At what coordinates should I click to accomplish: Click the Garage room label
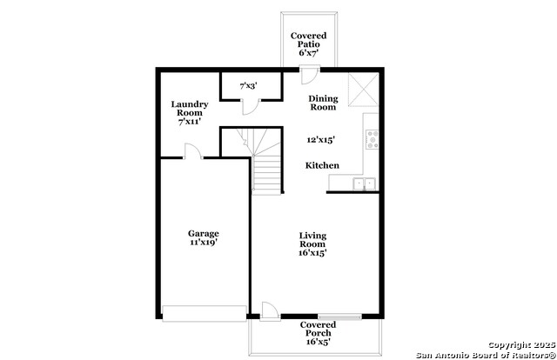[203, 234]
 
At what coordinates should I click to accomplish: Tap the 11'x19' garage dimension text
[203, 243]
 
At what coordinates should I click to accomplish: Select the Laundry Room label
[190, 109]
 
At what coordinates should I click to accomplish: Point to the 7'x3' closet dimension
[248, 85]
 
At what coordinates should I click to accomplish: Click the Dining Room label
[323, 103]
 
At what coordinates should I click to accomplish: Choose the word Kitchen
[322, 165]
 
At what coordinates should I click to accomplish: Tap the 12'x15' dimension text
[320, 140]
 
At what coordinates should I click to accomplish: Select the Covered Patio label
[308, 40]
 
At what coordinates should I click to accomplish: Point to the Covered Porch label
[318, 329]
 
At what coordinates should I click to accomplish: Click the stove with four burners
[372, 139]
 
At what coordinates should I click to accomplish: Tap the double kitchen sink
[365, 183]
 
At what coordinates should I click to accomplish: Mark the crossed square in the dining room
[363, 90]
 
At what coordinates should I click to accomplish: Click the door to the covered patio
[309, 75]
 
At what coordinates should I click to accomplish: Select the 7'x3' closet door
[252, 107]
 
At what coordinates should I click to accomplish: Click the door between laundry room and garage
[193, 151]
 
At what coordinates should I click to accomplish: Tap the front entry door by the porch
[270, 311]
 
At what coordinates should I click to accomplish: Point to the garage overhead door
[205, 314]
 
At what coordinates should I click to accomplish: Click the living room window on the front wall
[339, 317]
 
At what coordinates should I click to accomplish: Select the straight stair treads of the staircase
[267, 175]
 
